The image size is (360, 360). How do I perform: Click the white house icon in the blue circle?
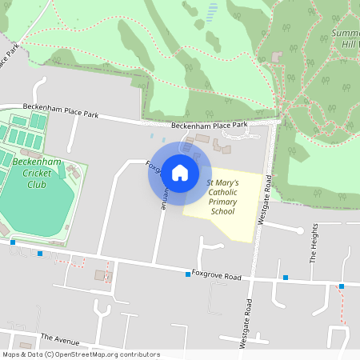click(179, 172)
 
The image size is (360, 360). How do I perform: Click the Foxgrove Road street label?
click(217, 276)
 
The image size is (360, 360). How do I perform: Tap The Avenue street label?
click(61, 339)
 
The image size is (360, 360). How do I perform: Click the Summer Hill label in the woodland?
click(345, 38)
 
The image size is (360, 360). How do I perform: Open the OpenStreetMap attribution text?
click(81, 354)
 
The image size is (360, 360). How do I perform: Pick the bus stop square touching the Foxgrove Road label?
click(188, 274)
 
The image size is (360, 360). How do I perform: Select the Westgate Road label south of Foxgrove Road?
click(248, 324)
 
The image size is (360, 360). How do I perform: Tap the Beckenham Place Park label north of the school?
click(210, 126)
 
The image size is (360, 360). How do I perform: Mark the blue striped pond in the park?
click(212, 12)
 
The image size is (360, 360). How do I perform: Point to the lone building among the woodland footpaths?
click(278, 58)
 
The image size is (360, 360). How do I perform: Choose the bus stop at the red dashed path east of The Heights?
click(342, 286)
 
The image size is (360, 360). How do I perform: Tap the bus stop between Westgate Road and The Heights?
click(286, 278)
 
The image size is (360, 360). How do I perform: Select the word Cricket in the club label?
click(37, 173)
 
